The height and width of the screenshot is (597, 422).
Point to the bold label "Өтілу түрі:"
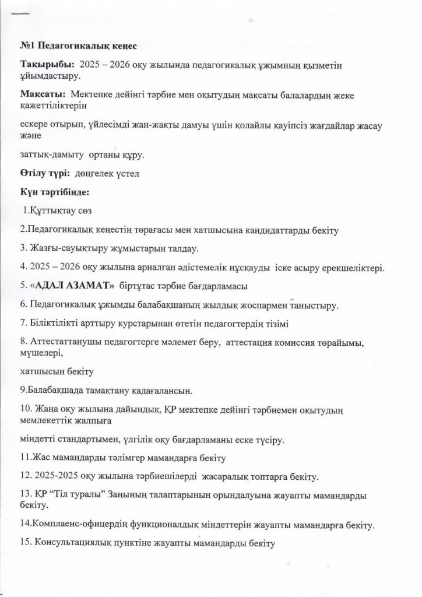44,173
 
